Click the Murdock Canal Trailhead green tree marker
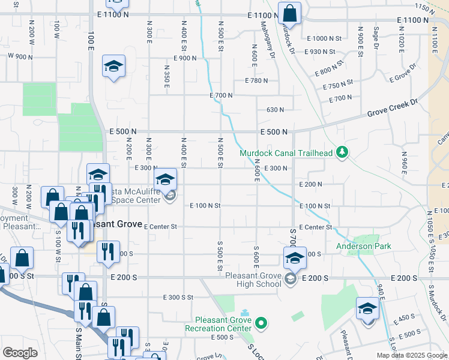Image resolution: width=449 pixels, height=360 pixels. coord(342,152)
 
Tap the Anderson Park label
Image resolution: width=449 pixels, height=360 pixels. coord(363,246)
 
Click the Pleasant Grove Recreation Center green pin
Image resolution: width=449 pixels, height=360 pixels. coord(261,324)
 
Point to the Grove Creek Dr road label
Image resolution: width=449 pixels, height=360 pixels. coord(392,108)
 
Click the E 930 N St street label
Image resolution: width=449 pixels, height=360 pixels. coord(322,52)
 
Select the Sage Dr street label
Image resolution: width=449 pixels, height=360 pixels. coord(376,37)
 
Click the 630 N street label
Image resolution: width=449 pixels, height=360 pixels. coord(275,110)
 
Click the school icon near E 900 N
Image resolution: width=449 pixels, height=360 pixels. coord(113,66)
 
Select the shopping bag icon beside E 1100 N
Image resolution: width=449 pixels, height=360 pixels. coord(289,14)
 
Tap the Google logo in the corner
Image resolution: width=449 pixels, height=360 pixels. coord(20,353)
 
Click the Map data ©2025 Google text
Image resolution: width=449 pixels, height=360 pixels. coord(411,355)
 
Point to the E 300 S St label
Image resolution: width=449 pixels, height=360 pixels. coord(178,298)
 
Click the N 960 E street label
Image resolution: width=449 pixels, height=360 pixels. coord(404,162)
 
